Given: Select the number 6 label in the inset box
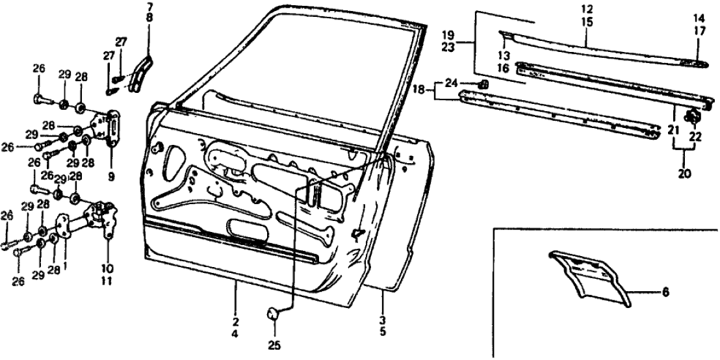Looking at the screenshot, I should coord(664,294).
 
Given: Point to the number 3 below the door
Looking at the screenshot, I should coord(383,320).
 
